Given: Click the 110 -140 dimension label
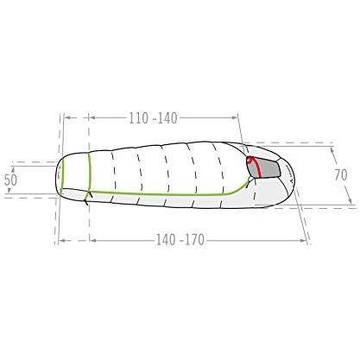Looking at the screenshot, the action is tap(153, 118).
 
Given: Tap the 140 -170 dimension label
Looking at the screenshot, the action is tap(180, 240).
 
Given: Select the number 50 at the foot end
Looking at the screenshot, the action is tap(10, 180).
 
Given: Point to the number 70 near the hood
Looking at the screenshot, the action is tap(341, 174).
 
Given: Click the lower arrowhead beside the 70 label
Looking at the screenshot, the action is tap(350, 200).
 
